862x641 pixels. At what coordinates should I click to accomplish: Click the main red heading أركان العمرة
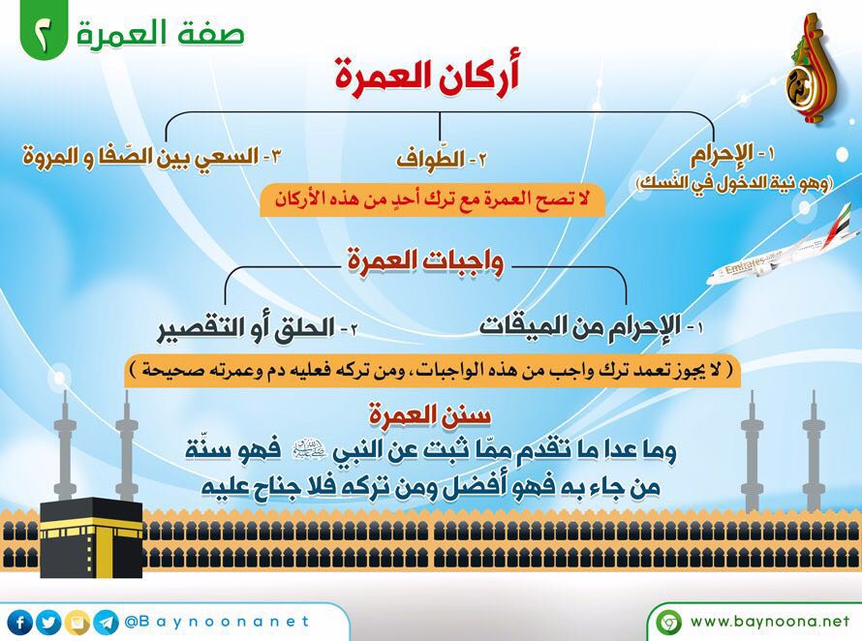point(427,76)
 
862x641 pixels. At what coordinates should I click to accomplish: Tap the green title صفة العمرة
point(160,33)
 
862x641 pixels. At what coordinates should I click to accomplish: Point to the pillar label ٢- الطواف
point(442,160)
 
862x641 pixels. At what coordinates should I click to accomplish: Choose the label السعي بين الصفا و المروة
point(152,156)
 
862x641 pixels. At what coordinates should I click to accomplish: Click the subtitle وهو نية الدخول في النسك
point(734,182)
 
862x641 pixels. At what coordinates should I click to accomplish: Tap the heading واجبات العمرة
point(425,260)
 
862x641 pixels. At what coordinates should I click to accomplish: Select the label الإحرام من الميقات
point(592,326)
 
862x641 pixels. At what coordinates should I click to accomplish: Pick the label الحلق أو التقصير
point(258,328)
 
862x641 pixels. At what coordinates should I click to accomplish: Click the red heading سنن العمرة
point(430,415)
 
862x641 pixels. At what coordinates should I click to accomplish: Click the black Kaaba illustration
point(91,537)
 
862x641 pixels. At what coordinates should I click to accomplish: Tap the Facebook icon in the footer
point(20,623)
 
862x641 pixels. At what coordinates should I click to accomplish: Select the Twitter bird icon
point(49,623)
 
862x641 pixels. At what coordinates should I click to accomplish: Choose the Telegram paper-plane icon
point(107,623)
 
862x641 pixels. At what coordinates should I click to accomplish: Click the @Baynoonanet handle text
point(217,622)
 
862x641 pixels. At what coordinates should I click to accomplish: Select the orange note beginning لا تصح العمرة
point(432,199)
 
